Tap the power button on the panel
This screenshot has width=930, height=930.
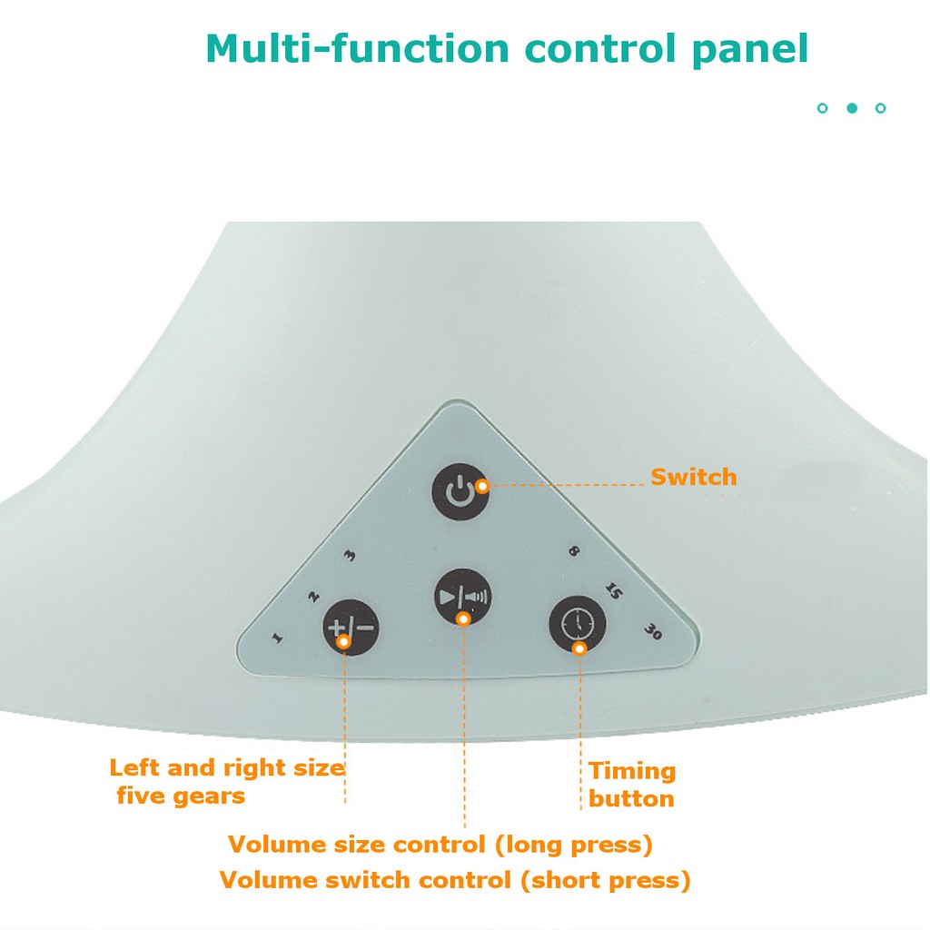(460, 492)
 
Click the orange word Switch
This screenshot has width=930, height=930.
(693, 478)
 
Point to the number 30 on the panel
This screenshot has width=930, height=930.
(652, 632)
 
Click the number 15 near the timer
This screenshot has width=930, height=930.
(612, 592)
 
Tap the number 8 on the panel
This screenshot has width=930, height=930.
(573, 551)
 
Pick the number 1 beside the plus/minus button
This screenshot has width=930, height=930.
(277, 637)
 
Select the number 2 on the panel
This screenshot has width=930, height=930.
(313, 597)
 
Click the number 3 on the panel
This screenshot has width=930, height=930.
(350, 556)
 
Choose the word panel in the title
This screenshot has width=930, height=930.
(751, 49)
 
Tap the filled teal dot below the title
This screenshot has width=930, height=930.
(852, 108)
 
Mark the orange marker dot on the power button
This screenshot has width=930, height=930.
(481, 486)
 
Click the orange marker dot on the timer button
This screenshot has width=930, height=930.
(579, 648)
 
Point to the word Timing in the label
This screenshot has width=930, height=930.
(632, 771)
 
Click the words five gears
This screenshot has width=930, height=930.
(181, 796)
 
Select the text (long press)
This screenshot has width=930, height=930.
(574, 845)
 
